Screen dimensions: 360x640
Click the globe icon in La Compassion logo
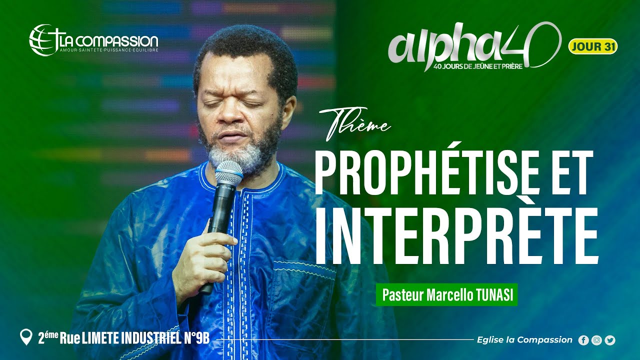(41, 39)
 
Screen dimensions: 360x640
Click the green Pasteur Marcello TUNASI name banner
(446, 295)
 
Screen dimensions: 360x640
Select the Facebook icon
(583, 340)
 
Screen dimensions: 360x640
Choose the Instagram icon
(596, 340)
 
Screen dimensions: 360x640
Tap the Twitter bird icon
(610, 340)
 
